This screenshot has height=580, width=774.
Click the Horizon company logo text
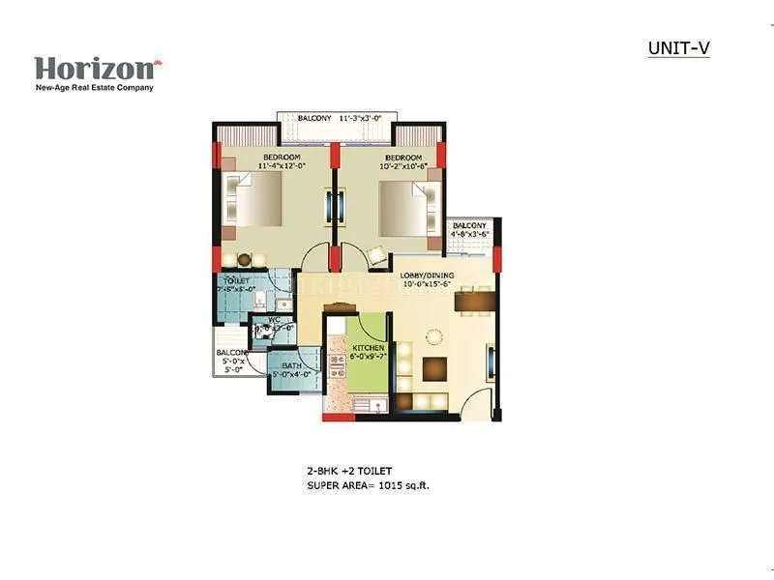[x=94, y=69]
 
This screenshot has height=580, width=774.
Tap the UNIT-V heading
[x=678, y=48]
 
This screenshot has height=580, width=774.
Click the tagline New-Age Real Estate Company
[x=94, y=87]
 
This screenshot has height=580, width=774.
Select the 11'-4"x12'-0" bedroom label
[x=282, y=160]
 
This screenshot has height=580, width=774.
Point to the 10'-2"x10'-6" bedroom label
[x=402, y=160]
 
